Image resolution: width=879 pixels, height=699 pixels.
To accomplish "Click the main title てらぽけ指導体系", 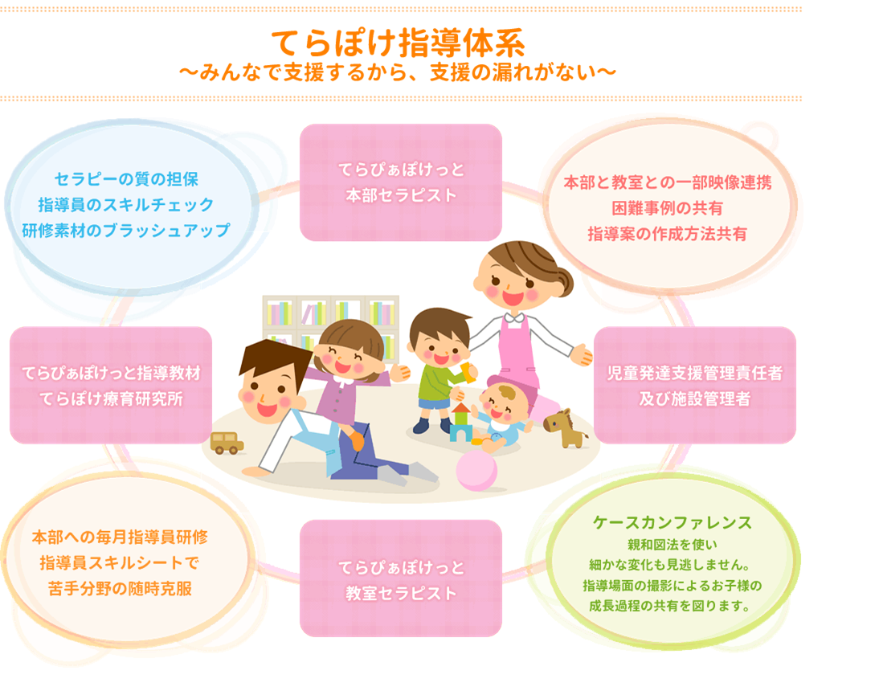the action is (x=398, y=43).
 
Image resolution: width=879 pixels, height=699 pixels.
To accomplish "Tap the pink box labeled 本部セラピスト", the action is (x=401, y=182).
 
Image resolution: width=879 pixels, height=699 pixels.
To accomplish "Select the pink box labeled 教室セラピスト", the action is (x=401, y=578).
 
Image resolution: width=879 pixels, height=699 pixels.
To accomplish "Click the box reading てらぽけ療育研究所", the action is (x=111, y=385).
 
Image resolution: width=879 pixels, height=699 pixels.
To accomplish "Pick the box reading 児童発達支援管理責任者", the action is (x=694, y=385).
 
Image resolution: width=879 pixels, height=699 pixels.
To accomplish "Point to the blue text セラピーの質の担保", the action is (x=126, y=179).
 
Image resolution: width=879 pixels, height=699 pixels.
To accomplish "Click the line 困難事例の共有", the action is (x=667, y=208).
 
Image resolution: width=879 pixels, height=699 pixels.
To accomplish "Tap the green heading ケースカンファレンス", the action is (x=673, y=522).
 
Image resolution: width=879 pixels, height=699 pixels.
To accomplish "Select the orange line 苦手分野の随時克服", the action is (x=120, y=589).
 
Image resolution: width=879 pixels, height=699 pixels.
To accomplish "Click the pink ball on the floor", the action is (x=476, y=470).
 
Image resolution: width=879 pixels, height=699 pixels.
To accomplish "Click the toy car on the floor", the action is (x=227, y=443).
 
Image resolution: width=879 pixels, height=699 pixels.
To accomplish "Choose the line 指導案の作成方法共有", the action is (x=667, y=234).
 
